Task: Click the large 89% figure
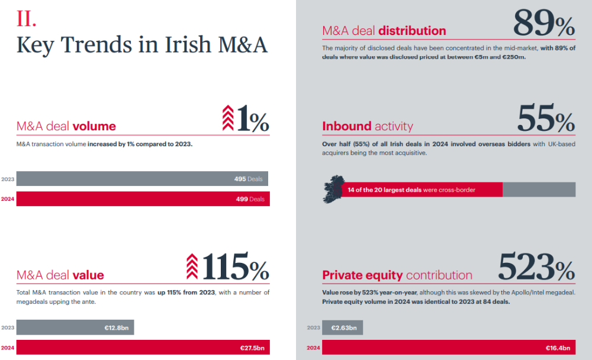[543, 24]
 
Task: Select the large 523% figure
[536, 267]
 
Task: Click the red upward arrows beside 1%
[228, 117]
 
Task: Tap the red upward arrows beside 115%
[192, 266]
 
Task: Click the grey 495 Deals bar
[142, 179]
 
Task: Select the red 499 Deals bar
[143, 199]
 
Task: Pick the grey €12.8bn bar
[75, 327]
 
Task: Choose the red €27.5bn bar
[143, 348]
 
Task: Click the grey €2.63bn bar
[342, 327]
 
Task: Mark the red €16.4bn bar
[448, 348]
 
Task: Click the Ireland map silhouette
[332, 188]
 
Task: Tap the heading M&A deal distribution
[384, 31]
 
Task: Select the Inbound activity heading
[368, 126]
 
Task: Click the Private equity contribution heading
[397, 275]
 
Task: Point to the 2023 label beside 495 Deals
[8, 179]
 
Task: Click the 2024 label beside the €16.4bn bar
[313, 348]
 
